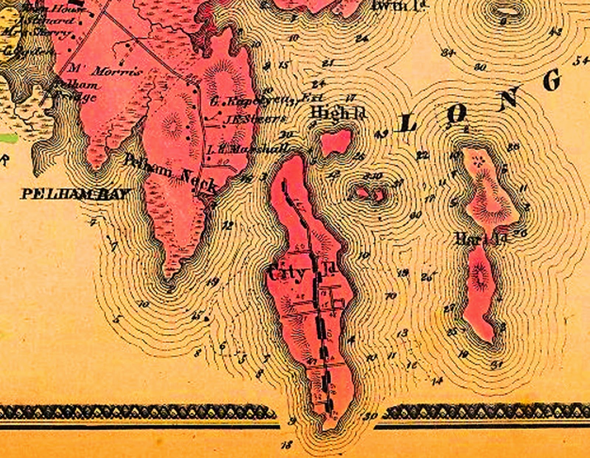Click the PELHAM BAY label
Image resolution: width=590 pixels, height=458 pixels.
pos(76,193)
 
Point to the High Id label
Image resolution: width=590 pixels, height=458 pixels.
pos(339,113)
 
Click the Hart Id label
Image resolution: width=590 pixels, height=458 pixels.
pos(482,240)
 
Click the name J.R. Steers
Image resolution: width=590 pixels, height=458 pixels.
pos(254,119)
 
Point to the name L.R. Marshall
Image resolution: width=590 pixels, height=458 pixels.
pos(248,149)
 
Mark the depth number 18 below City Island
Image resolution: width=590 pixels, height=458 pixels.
pos(287,445)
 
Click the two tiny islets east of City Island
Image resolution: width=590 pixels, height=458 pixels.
pos(369,193)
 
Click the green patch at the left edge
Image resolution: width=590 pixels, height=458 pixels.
pos(8,139)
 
